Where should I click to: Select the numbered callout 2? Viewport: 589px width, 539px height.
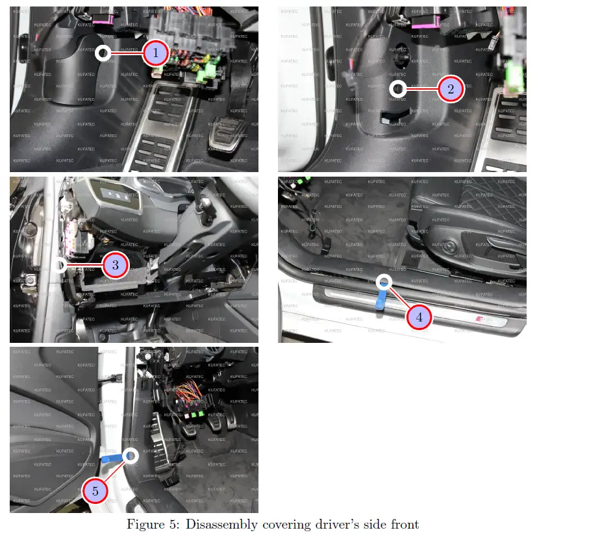tap(450, 89)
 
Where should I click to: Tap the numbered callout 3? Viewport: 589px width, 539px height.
tap(115, 265)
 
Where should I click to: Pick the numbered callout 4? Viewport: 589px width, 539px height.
tap(419, 317)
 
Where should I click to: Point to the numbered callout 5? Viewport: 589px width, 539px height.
tap(95, 491)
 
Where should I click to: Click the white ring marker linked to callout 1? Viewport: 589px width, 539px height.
tap(103, 53)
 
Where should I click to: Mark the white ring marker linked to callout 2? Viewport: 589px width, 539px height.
tap(398, 89)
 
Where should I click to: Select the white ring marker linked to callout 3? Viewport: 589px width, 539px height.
tap(60, 265)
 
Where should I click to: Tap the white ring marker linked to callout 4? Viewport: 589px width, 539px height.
tap(384, 282)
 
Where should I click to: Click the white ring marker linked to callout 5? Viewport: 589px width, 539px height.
tap(131, 456)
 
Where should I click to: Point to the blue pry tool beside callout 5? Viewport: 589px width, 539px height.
tap(113, 458)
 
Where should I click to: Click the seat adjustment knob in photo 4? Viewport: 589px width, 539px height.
tap(449, 246)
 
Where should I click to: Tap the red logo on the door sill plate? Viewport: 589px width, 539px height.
tap(480, 318)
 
